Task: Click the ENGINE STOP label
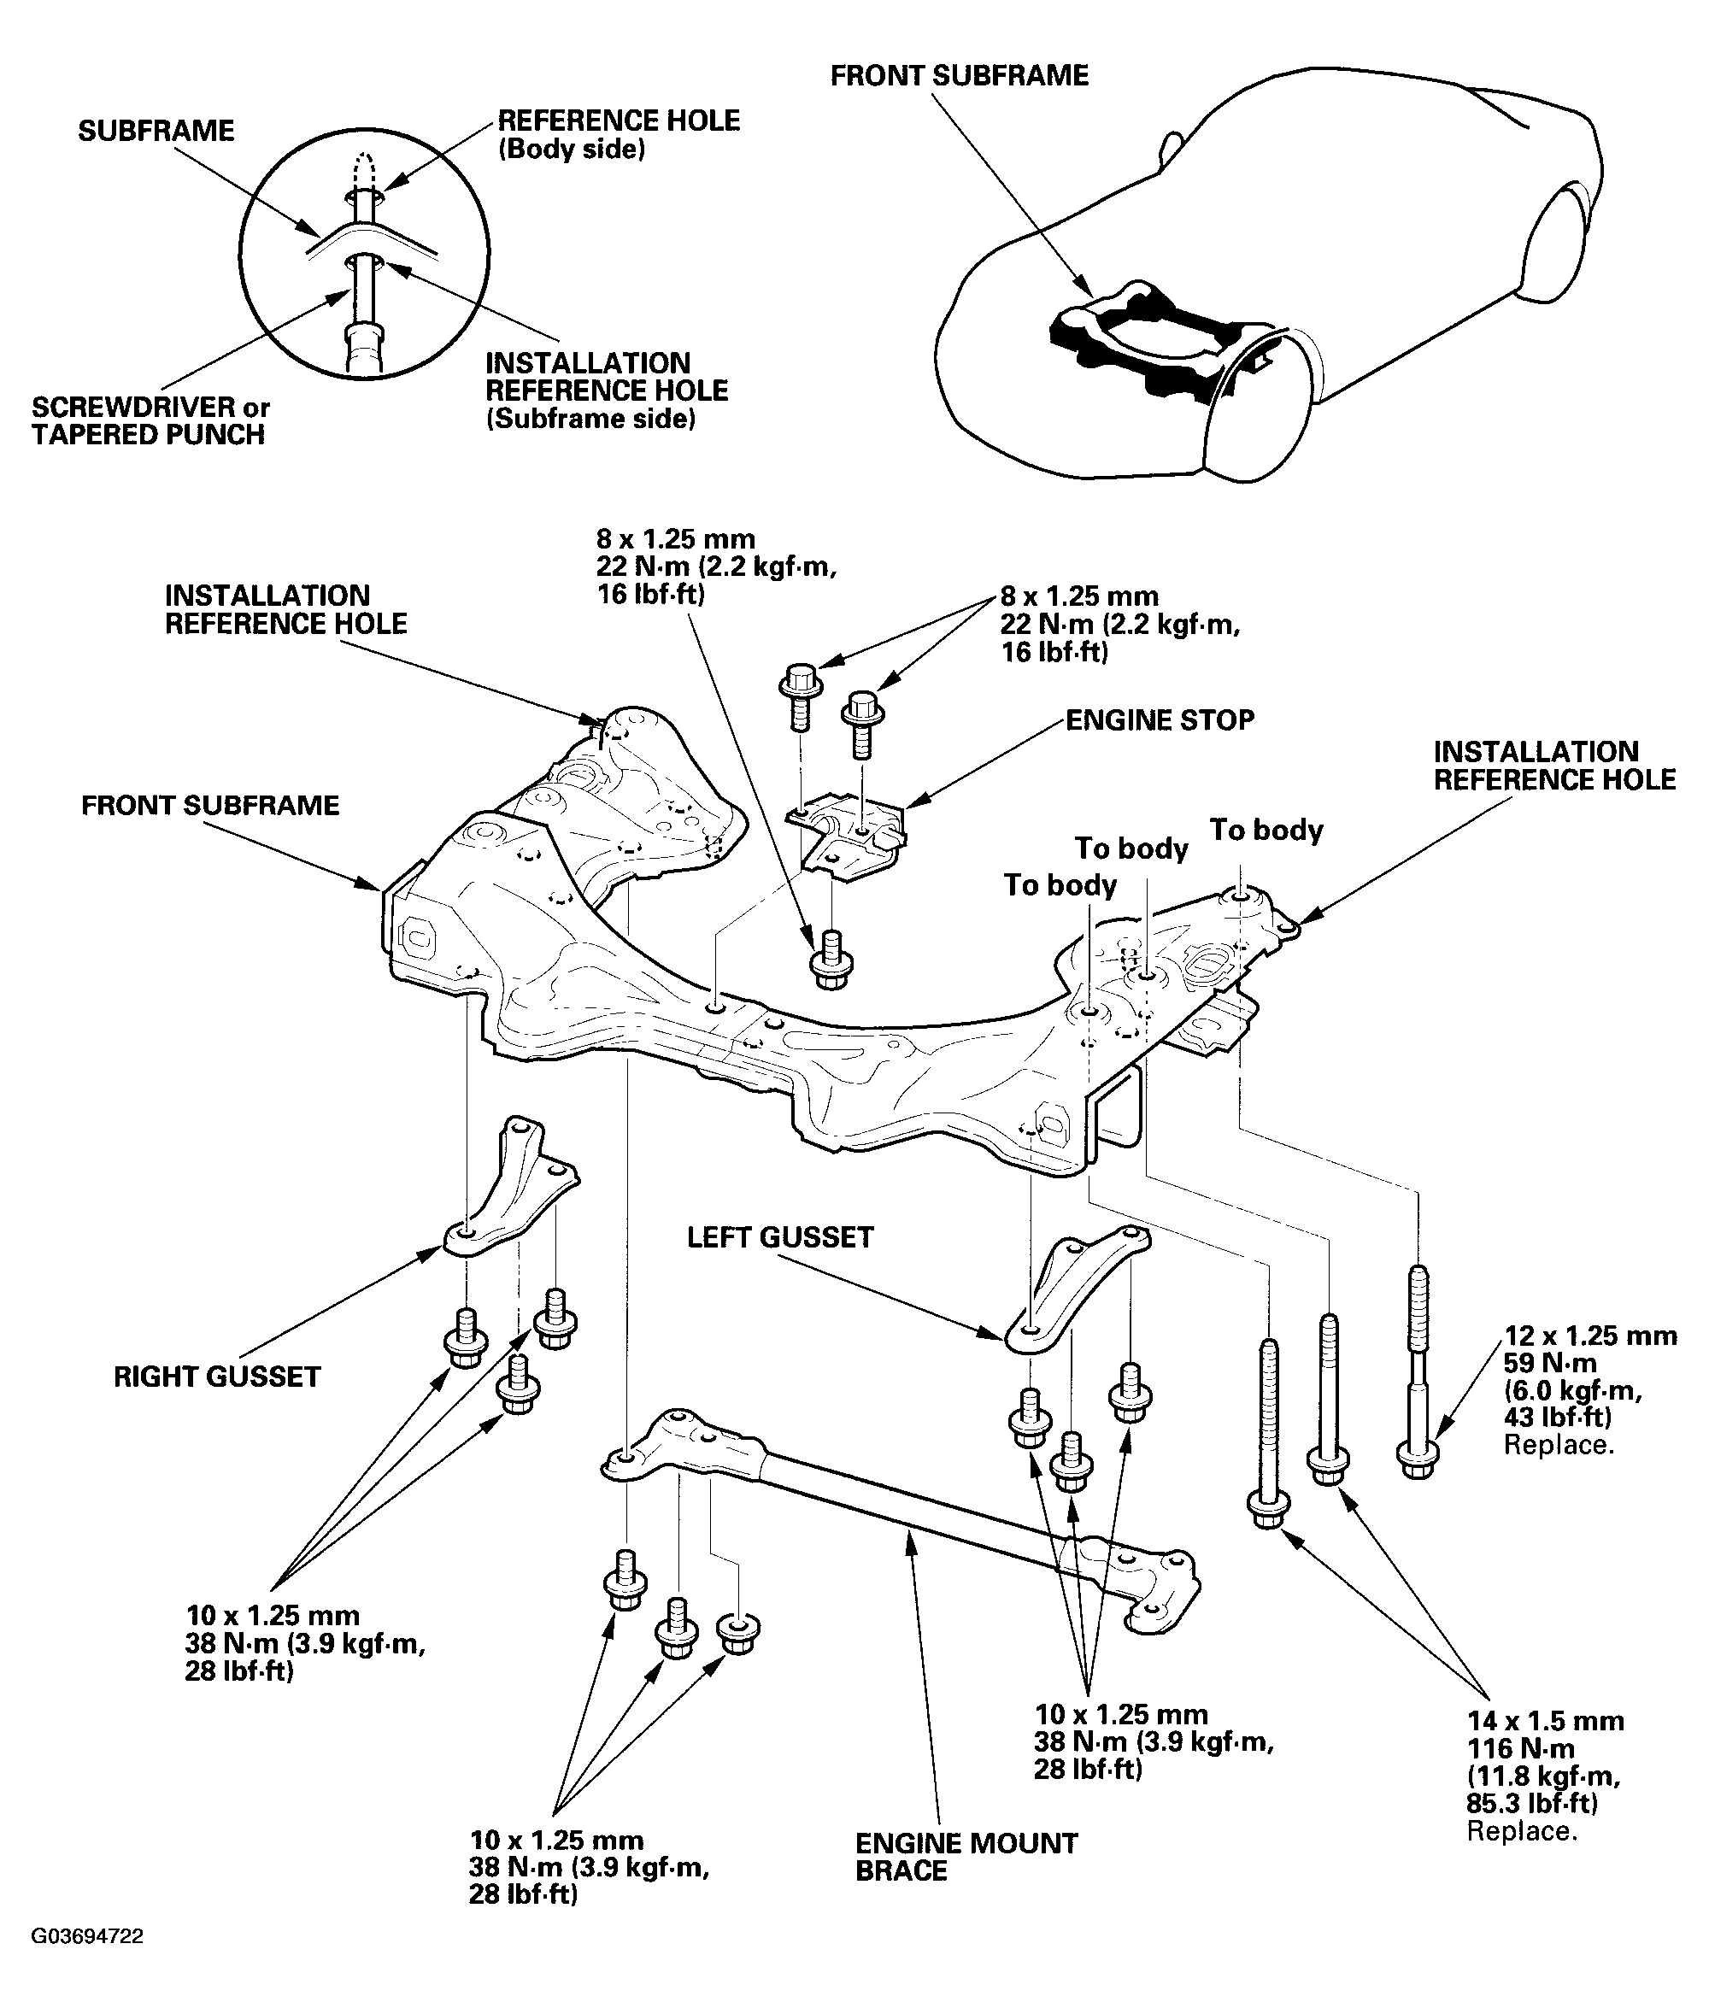[x=1159, y=720]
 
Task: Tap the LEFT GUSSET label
[x=780, y=1238]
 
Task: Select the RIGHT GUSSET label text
[x=217, y=1377]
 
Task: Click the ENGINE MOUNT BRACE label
[x=966, y=1858]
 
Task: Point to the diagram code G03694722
[x=87, y=1936]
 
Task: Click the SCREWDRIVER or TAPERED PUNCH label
[x=150, y=421]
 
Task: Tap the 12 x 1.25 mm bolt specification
[x=1589, y=1336]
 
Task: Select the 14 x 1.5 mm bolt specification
[x=1544, y=1721]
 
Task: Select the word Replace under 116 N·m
[x=1521, y=1832]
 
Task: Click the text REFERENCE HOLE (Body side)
[x=618, y=135]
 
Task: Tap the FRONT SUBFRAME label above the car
[x=959, y=75]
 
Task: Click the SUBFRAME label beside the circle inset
[x=156, y=131]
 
